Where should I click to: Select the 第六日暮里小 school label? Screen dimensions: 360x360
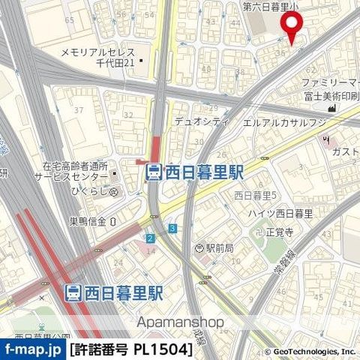(x=271, y=7)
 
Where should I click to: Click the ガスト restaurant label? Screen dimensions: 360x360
(x=345, y=152)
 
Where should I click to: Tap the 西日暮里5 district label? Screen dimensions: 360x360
(x=256, y=196)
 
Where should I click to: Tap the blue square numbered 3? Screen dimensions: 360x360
(x=172, y=228)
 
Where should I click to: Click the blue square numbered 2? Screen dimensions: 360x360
(x=150, y=238)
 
